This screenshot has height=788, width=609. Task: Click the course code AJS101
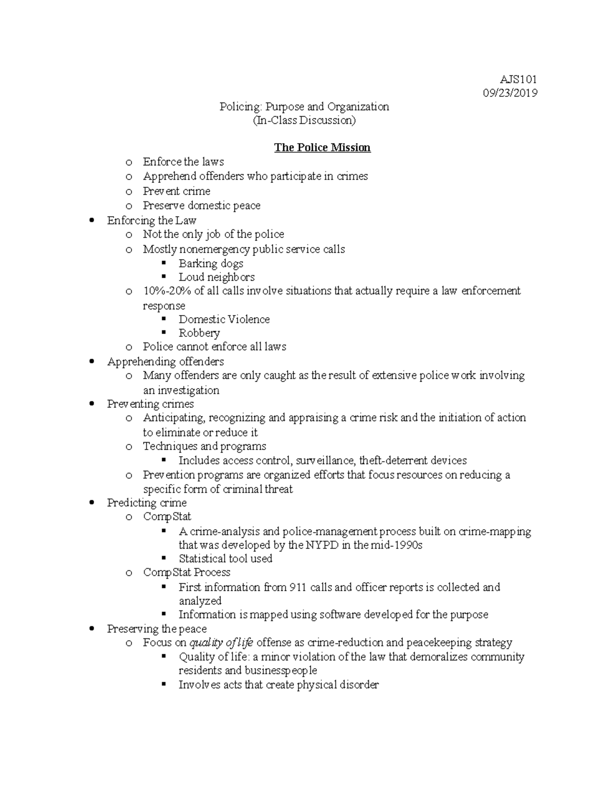[518, 79]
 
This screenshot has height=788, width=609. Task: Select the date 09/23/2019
[510, 93]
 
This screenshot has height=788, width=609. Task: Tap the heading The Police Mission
[322, 148]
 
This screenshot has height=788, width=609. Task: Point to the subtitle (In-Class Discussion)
[304, 120]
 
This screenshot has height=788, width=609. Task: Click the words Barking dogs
[211, 263]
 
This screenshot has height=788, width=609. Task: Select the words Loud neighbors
[217, 277]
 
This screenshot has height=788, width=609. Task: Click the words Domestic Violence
[224, 319]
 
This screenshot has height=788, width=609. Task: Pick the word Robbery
[199, 333]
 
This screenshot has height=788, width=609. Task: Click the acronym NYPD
[319, 545]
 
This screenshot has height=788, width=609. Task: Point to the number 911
[297, 587]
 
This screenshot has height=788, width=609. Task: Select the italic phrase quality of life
[221, 642]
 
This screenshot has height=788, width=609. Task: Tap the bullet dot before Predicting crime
[91, 503]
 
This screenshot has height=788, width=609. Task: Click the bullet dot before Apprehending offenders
[91, 362]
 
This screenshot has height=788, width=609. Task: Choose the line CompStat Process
[186, 572]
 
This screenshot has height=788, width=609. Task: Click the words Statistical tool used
[225, 559]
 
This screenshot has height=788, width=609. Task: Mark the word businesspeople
[281, 670]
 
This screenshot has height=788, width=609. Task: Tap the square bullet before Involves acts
[163, 684]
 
